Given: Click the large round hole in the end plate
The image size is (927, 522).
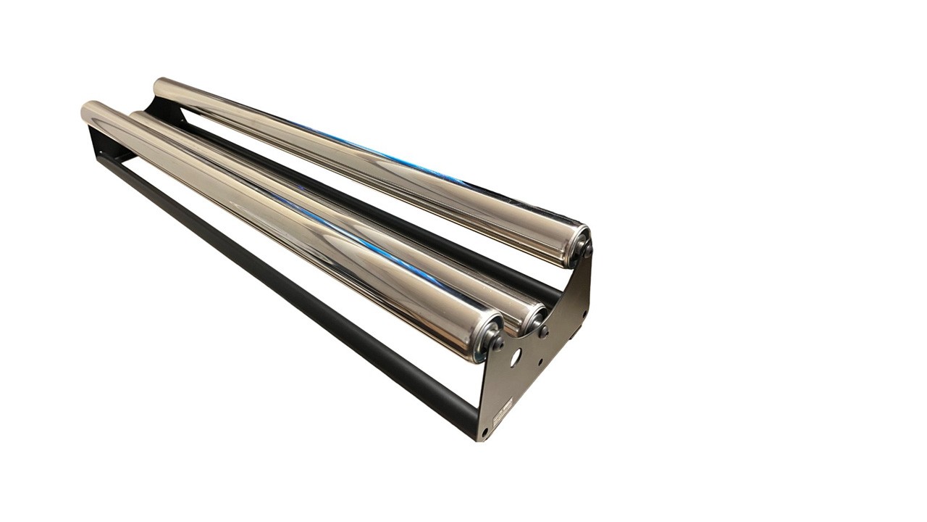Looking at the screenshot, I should (x=515, y=357).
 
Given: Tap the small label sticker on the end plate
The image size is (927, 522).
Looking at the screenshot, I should (x=502, y=412).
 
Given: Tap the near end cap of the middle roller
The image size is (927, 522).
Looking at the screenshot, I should (x=534, y=319).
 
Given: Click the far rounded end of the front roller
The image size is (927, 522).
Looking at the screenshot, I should (x=91, y=113).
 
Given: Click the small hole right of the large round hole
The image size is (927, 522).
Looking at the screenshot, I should (x=539, y=360).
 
